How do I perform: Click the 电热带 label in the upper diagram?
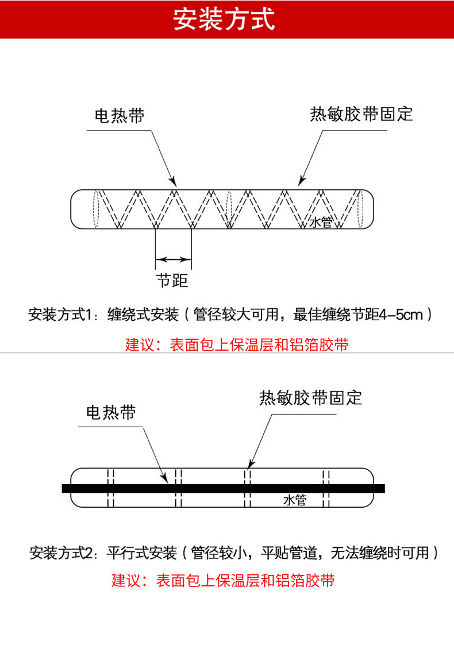tap(120, 116)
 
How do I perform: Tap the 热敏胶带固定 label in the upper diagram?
tap(361, 114)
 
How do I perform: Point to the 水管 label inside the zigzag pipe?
tap(321, 222)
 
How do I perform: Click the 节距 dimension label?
tap(172, 281)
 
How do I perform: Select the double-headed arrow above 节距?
tap(173, 259)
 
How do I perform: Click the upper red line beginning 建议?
tap(237, 345)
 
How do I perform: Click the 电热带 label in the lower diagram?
tap(111, 412)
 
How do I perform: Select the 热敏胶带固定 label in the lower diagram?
tap(311, 398)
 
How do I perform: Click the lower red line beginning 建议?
tap(223, 580)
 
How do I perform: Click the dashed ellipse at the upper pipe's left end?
tap(97, 208)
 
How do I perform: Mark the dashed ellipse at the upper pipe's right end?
tap(361, 208)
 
